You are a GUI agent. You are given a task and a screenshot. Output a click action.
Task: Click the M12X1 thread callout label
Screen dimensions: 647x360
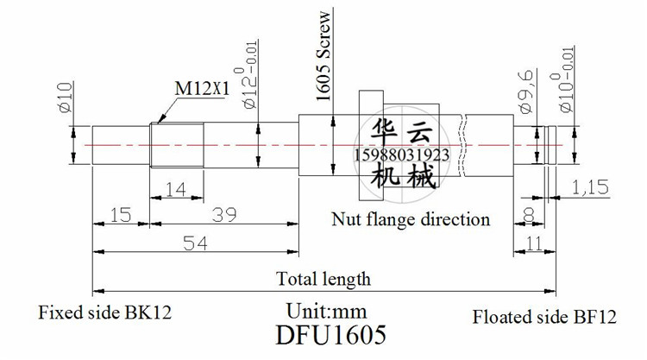[202, 88]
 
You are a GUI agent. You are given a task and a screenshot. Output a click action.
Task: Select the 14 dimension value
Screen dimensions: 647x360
[176, 189]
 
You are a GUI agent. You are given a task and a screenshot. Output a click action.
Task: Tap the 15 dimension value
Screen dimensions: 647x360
[121, 215]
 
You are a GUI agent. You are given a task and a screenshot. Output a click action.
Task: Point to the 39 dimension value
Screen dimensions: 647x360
[224, 215]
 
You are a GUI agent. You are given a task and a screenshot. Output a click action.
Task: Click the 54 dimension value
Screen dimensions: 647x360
[195, 243]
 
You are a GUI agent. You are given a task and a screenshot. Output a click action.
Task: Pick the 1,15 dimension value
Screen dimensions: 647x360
[590, 188]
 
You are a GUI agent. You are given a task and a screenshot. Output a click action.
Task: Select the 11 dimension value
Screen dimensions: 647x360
[535, 243]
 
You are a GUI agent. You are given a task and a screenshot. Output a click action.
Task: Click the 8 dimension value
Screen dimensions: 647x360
[529, 215]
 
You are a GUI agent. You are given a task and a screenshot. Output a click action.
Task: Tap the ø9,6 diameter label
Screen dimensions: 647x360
[525, 92]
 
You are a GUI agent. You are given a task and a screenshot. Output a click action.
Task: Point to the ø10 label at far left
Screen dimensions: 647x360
[66, 97]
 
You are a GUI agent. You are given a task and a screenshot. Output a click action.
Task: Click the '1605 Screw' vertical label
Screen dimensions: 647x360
[323, 56]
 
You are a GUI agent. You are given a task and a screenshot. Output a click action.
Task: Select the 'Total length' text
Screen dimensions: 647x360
[323, 279]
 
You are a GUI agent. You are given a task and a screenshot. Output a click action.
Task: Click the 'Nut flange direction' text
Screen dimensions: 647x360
[411, 219]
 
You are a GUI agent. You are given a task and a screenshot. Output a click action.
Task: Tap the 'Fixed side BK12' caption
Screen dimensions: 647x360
[104, 313]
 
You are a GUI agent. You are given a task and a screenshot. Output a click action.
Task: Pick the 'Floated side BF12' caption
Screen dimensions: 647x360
[544, 317]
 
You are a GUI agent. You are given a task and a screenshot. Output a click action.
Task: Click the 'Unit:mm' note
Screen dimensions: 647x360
[326, 311]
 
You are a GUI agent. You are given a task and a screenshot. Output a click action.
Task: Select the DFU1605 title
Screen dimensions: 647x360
[331, 334]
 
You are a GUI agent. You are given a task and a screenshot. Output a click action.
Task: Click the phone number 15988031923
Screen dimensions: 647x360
[401, 155]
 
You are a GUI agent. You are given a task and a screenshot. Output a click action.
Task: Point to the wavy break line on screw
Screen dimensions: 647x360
[463, 145]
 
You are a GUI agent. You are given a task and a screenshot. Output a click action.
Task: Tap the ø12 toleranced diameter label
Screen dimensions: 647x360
[250, 75]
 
